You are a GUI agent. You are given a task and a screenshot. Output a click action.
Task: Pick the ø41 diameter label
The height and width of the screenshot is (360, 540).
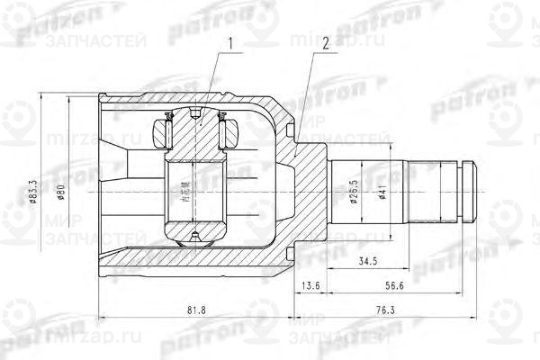click(383, 192)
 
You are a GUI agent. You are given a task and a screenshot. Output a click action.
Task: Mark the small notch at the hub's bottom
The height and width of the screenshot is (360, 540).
click(195, 237)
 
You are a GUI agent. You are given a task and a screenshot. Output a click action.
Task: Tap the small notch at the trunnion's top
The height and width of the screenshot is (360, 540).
click(195, 112)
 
